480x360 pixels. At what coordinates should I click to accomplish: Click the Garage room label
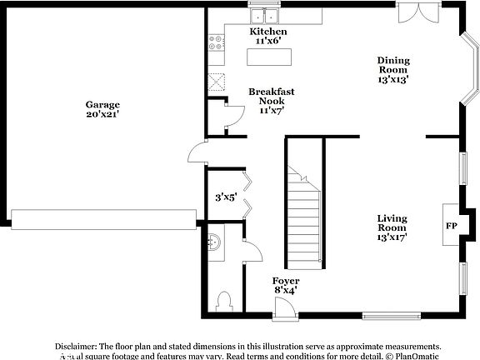click(102, 105)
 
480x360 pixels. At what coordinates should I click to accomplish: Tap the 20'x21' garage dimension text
click(102, 115)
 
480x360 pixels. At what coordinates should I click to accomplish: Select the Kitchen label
click(268, 32)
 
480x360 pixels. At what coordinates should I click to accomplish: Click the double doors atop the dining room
click(414, 12)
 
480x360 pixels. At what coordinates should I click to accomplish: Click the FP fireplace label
click(451, 226)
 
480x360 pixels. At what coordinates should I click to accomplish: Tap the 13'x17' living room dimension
click(391, 237)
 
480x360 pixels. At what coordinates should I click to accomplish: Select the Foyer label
click(286, 282)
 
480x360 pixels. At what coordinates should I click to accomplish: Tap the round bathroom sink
click(214, 242)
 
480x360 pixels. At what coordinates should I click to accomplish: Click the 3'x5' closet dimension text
click(225, 197)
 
